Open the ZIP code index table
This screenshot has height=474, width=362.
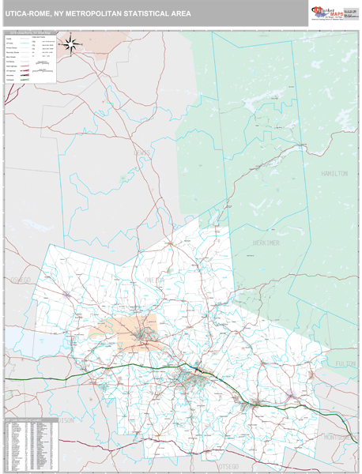[30, 442]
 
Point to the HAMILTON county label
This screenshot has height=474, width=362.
[334, 173]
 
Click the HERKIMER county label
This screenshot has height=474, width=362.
[268, 243]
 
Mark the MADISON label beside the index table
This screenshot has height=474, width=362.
[66, 421]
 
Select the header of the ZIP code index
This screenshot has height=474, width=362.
[30, 419]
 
